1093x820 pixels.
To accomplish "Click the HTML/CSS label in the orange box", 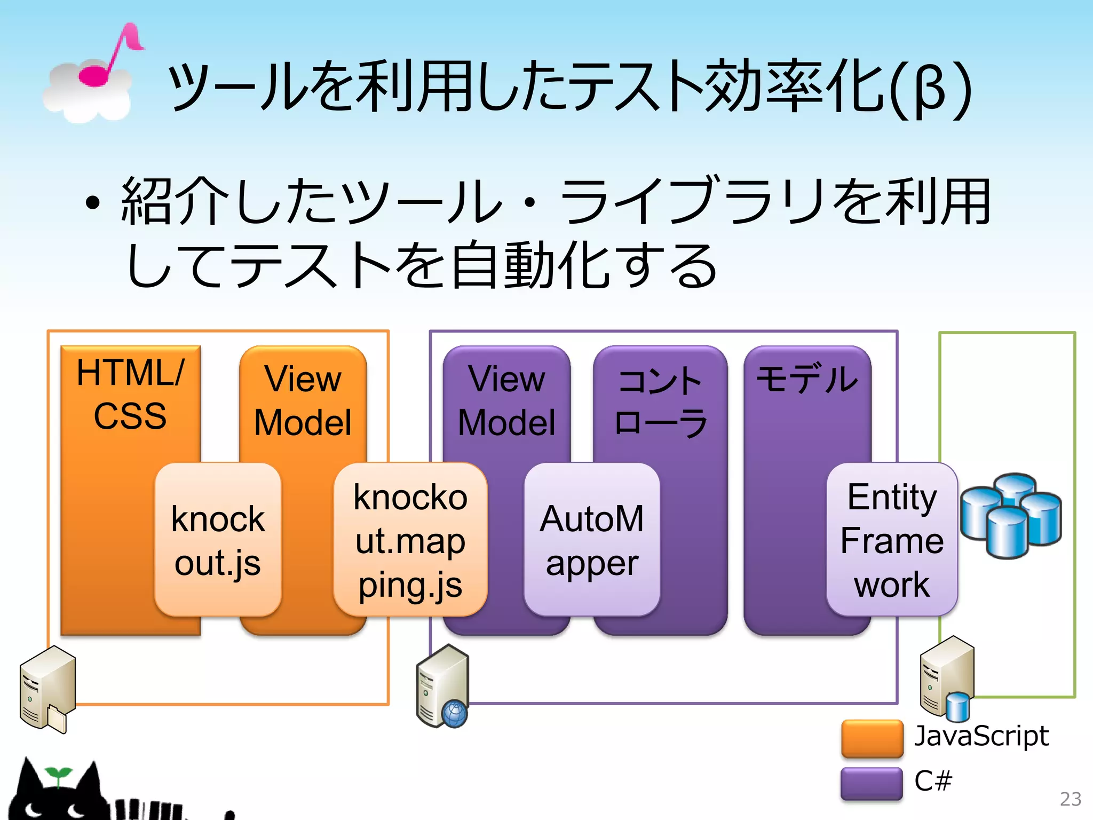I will (130, 394).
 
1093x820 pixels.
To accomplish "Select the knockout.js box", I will (218, 540).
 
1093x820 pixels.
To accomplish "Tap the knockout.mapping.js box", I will (410, 540).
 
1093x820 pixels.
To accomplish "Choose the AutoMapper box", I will (592, 540).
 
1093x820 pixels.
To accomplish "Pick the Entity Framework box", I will (892, 540).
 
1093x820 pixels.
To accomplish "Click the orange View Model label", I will (303, 400).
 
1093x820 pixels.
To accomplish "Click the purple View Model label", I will (506, 400).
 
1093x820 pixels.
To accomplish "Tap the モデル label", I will (807, 379).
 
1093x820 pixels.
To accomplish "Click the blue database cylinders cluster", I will (1011, 515).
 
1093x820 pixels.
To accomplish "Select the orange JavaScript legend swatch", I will (872, 739).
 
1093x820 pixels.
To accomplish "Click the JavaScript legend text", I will (981, 736).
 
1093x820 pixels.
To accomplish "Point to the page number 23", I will (1070, 799).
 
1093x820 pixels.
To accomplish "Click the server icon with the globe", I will (442, 687).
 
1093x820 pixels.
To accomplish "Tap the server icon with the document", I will (46, 689).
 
